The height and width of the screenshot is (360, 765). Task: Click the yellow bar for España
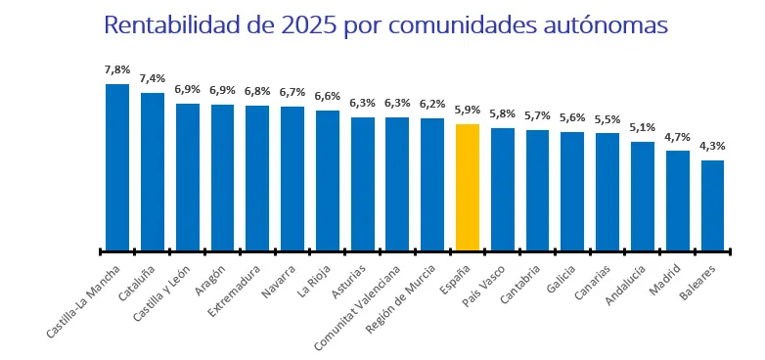pos(468,187)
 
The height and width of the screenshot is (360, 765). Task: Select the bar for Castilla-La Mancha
pos(117,167)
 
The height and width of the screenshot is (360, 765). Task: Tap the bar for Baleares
pos(712,205)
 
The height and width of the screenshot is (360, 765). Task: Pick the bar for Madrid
pos(678,201)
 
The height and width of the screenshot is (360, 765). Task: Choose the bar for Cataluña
pos(153,171)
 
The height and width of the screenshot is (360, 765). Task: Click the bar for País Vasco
pos(503,189)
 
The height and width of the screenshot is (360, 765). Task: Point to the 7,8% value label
pos(117,70)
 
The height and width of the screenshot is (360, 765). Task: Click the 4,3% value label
pos(712,147)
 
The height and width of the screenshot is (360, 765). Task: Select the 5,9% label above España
pos(468,111)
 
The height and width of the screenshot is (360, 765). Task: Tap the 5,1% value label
pos(643,128)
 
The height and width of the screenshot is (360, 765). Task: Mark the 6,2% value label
pos(432,104)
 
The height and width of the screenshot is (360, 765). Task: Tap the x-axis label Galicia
pos(562,278)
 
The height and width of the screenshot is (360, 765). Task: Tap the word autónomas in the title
pos(606,24)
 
